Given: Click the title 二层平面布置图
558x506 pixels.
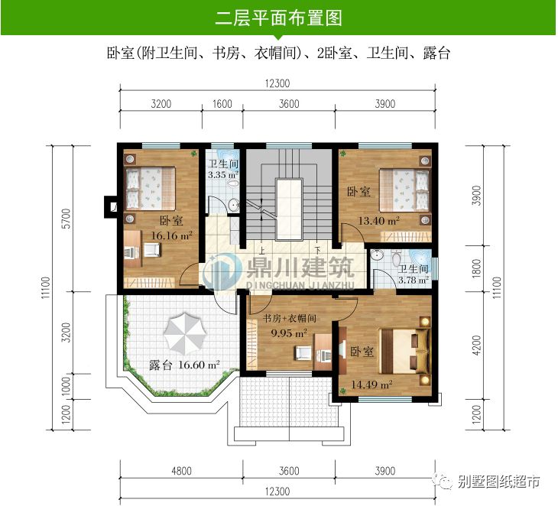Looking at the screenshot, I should click(278, 17).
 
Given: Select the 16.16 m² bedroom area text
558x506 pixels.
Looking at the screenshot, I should click(170, 235).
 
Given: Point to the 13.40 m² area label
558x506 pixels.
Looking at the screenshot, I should click(380, 221).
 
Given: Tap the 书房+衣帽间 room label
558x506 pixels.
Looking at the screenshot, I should click(290, 319).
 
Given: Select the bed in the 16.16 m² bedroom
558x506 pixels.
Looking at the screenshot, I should click(151, 188).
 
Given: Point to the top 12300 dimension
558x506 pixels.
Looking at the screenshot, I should click(278, 83).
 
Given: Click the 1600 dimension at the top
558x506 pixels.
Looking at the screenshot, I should click(222, 104).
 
